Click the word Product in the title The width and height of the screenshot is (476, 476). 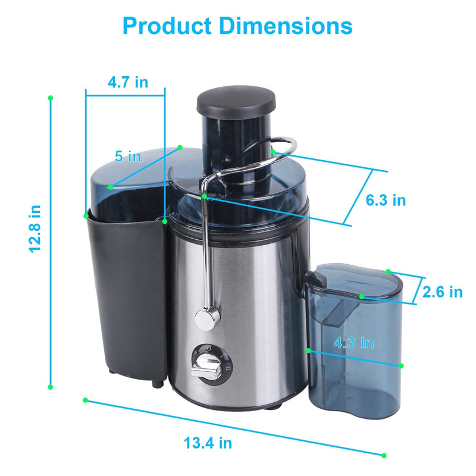pyautogui.click(x=166, y=27)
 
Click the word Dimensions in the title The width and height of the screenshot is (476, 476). pyautogui.click(x=284, y=27)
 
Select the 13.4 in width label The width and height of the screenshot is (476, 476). pyautogui.click(x=208, y=443)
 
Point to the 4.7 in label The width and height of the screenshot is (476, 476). pyautogui.click(x=128, y=82)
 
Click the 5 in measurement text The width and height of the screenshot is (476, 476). pyautogui.click(x=128, y=156)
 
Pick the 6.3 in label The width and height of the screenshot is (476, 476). pyautogui.click(x=385, y=201)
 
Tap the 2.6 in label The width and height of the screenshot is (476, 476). pyautogui.click(x=442, y=292)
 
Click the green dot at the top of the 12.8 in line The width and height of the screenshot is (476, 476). pyautogui.click(x=51, y=97)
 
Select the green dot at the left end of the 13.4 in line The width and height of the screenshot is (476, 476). pyautogui.click(x=86, y=400)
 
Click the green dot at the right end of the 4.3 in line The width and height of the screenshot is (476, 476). pyautogui.click(x=402, y=365)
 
